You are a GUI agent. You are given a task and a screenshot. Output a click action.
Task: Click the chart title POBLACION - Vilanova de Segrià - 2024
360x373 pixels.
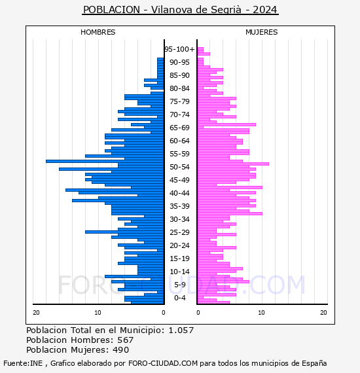(x=180, y=10)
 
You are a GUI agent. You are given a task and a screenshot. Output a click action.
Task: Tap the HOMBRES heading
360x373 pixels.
(x=98, y=32)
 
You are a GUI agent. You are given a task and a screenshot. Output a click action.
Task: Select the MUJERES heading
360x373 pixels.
(x=262, y=32)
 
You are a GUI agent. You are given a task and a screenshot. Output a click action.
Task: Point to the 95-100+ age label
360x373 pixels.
(x=179, y=49)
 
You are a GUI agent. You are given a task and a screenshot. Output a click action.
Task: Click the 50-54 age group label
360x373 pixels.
(x=179, y=167)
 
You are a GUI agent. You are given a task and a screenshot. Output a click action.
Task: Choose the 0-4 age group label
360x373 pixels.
(x=179, y=298)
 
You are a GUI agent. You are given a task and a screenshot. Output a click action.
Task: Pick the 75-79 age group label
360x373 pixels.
(x=179, y=101)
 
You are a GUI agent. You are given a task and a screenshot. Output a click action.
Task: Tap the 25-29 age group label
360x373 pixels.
(x=179, y=232)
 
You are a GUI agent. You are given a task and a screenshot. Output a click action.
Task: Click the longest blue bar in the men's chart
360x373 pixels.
(x=105, y=161)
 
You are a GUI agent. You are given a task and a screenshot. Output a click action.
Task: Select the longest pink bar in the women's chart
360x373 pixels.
(x=233, y=164)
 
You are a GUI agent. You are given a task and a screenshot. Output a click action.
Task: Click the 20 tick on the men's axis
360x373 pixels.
(x=36, y=313)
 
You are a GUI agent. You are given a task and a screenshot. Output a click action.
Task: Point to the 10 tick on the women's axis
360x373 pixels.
(x=261, y=313)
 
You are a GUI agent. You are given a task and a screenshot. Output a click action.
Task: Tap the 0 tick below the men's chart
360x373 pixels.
(x=163, y=313)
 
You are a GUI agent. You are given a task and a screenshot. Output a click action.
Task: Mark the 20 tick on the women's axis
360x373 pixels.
(x=323, y=313)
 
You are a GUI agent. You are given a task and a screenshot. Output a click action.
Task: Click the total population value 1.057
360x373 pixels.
(x=181, y=330)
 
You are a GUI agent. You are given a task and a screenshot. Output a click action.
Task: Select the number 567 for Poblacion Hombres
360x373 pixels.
(x=126, y=340)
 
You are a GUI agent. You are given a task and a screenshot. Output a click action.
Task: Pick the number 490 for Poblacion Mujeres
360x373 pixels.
(x=121, y=349)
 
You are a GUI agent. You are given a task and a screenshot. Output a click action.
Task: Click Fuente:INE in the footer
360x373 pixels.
(x=23, y=363)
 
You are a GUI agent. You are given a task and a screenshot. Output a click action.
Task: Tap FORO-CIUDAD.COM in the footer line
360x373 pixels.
(x=163, y=363)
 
